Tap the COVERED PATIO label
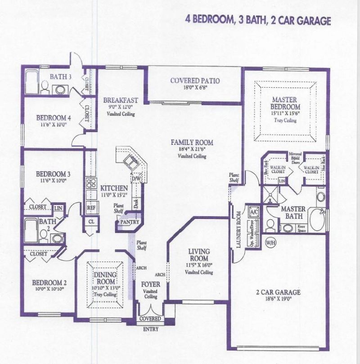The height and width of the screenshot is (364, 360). click(195, 81)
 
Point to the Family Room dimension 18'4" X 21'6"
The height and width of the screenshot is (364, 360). click(192, 150)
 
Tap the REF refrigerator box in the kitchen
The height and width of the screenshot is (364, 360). click(90, 208)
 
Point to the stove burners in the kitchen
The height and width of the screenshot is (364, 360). click(91, 183)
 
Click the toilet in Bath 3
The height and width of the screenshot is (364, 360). click(45, 87)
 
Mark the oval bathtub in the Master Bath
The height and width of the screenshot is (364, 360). click(317, 220)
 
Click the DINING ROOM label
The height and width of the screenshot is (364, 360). click(105, 278)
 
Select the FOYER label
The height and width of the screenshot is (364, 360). click(150, 284)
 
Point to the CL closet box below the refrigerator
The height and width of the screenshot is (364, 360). click(91, 222)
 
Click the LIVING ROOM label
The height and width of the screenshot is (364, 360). click(198, 255)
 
